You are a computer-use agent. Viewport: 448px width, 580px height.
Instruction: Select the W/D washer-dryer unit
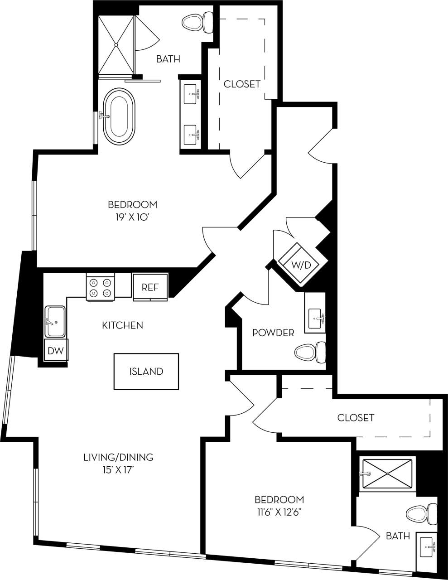coord(300,265)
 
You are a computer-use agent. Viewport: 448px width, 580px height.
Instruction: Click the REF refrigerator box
coord(150,287)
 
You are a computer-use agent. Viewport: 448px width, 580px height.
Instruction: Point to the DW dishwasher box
coord(56,350)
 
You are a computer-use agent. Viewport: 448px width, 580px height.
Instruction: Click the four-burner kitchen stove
coord(101,287)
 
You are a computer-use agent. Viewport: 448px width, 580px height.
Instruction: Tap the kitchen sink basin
coord(55,322)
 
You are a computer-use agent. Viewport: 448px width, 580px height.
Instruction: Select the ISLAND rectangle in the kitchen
coord(146,372)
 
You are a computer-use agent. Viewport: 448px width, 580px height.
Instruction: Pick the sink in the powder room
coord(316,319)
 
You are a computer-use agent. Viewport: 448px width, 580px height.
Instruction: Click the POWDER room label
coord(273,333)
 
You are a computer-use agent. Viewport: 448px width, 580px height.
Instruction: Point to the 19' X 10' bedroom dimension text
coord(132,217)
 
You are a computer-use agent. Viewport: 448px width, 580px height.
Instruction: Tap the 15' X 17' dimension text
coord(118,470)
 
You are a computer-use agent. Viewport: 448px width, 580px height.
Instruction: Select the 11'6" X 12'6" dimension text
coord(279,512)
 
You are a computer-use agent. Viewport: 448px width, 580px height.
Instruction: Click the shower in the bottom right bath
coord(388,474)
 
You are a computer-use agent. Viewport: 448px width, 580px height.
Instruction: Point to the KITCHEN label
coord(122,325)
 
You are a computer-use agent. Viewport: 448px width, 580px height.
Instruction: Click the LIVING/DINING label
coord(118,457)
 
